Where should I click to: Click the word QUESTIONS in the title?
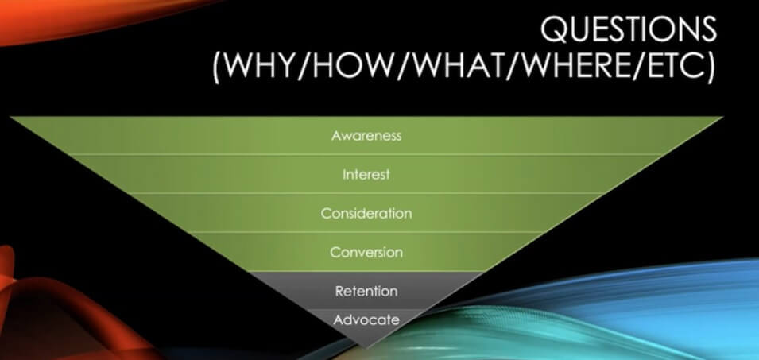coord(628,29)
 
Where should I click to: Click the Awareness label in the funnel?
coord(366,135)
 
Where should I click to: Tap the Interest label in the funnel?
coord(366,174)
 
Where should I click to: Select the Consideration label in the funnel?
coord(366,214)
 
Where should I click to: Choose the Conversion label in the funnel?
coord(366,252)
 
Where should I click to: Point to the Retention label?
coord(366,291)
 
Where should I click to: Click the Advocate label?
coord(366,319)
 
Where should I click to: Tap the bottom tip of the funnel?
coord(366,347)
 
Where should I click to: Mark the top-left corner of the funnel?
coord(10,117)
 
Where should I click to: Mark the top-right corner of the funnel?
coord(723,117)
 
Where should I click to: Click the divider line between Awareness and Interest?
coord(366,155)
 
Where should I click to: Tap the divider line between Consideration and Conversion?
coord(366,232)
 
